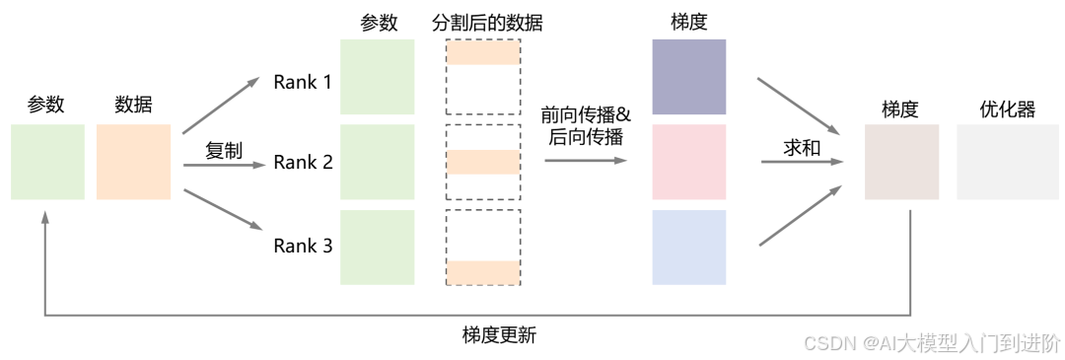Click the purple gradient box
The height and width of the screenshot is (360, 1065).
(x=688, y=77)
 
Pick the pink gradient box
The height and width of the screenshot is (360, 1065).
(x=688, y=162)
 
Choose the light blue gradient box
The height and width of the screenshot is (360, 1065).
(x=688, y=247)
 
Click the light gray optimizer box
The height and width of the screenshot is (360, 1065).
(x=993, y=162)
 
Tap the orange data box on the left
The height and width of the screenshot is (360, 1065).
(x=133, y=162)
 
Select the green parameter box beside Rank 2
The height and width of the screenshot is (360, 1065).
(x=377, y=162)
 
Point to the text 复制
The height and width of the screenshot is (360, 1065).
(x=223, y=151)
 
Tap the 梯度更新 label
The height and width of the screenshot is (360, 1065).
(x=499, y=334)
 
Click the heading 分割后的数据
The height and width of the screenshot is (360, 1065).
(x=487, y=23)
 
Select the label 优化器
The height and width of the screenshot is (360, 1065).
(x=1007, y=109)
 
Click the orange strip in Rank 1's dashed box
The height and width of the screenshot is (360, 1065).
(x=483, y=55)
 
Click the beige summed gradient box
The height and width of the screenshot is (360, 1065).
(x=901, y=162)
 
